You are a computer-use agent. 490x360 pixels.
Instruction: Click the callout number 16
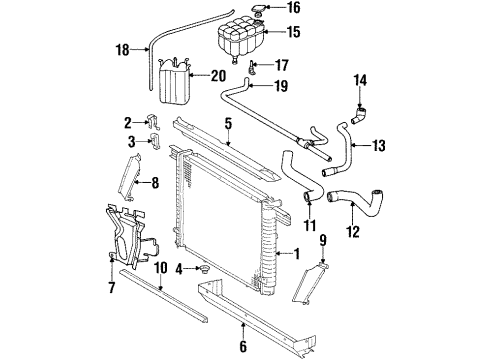click(294, 7)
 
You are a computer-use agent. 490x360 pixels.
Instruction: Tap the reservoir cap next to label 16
click(258, 10)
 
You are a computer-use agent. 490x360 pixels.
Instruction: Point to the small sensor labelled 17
click(251, 67)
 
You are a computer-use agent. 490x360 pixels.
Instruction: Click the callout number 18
click(122, 50)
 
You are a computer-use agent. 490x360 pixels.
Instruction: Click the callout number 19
click(281, 86)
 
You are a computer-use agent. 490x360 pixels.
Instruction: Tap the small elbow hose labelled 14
click(359, 115)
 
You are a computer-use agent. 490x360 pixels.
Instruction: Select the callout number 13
click(378, 145)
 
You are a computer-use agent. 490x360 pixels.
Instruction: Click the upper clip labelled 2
click(153, 122)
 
